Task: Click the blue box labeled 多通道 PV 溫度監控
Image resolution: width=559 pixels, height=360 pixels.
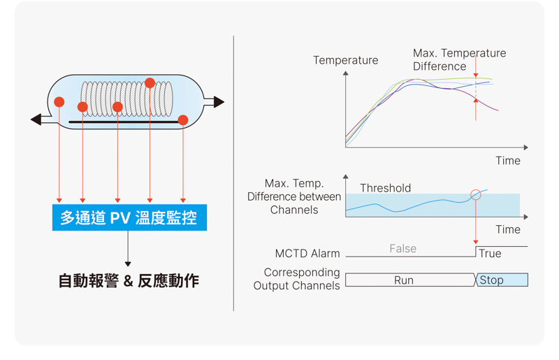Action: pos(129,217)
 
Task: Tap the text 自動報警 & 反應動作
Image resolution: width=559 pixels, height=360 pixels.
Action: pos(129,281)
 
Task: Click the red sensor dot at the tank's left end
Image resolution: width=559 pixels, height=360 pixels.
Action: pos(59,102)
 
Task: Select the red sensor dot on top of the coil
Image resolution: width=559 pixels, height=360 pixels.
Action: pos(150,83)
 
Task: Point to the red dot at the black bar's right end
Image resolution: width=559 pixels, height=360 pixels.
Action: pos(183,120)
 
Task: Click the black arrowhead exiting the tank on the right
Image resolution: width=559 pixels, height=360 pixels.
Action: pos(219,102)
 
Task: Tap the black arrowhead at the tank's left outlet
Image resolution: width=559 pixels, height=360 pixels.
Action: pos(36,120)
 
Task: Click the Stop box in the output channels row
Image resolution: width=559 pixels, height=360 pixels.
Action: pos(502,280)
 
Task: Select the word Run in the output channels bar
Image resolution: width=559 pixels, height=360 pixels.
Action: pos(404,280)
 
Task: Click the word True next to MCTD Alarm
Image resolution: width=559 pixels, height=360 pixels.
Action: pos(490,253)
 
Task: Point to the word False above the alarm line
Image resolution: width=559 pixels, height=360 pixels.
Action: pos(403,248)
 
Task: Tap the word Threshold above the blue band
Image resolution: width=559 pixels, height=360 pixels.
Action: pos(386,188)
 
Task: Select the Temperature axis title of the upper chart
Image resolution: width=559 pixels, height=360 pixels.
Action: pos(345,60)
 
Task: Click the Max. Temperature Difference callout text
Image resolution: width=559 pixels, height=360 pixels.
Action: pos(459,59)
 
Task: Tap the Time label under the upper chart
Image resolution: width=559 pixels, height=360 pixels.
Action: pos(508,161)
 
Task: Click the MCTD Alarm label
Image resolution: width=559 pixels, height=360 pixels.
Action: pos(307,253)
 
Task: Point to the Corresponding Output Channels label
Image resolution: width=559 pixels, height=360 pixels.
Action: pos(296,279)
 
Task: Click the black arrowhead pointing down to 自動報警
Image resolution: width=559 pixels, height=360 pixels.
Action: pos(128,264)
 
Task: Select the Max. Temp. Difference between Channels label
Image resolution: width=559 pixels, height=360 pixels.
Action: pos(294,196)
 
